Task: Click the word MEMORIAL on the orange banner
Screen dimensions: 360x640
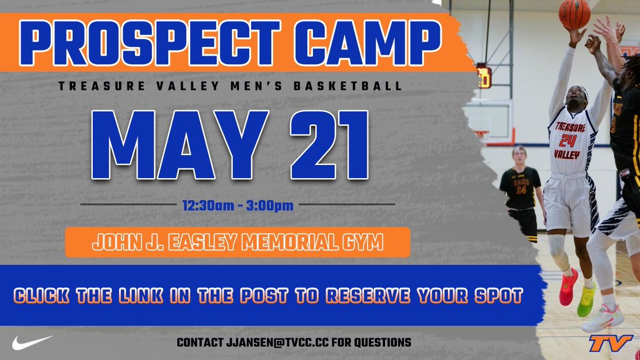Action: click(x=298, y=243)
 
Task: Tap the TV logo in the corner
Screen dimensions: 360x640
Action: click(x=610, y=343)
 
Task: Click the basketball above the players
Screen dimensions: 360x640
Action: click(x=574, y=13)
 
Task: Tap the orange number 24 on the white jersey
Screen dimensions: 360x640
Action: click(x=568, y=140)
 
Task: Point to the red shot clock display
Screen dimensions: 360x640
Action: click(x=484, y=77)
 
